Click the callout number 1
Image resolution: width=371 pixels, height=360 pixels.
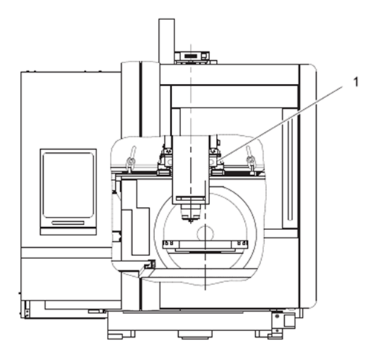pyautogui.click(x=356, y=82)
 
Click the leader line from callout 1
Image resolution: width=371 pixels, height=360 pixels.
pyautogui.click(x=280, y=123)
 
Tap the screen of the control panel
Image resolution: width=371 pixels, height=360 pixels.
pyautogui.click(x=68, y=185)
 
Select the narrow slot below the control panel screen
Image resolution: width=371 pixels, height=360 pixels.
pyautogui.click(x=68, y=223)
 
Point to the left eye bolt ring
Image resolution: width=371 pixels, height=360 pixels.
pyautogui.click(x=130, y=161)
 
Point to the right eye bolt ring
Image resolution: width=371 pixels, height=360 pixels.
pyautogui.click(x=250, y=161)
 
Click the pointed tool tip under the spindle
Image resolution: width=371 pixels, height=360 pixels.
pyautogui.click(x=191, y=221)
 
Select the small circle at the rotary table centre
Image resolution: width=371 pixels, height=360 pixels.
pyautogui.click(x=205, y=233)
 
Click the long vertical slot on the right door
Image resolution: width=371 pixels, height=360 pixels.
pyautogui.click(x=289, y=168)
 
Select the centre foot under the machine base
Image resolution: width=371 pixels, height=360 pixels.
pyautogui.click(x=195, y=334)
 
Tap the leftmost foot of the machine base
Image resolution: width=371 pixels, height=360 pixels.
pyautogui.click(x=122, y=335)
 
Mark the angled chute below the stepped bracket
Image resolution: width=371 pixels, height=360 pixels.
pyautogui.click(x=146, y=269)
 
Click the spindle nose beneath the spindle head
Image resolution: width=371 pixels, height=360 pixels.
pyautogui.click(x=190, y=212)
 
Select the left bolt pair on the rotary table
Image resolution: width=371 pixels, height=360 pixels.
pyautogui.click(x=169, y=243)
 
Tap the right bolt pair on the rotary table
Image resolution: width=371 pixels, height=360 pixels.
pyautogui.click(x=242, y=243)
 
